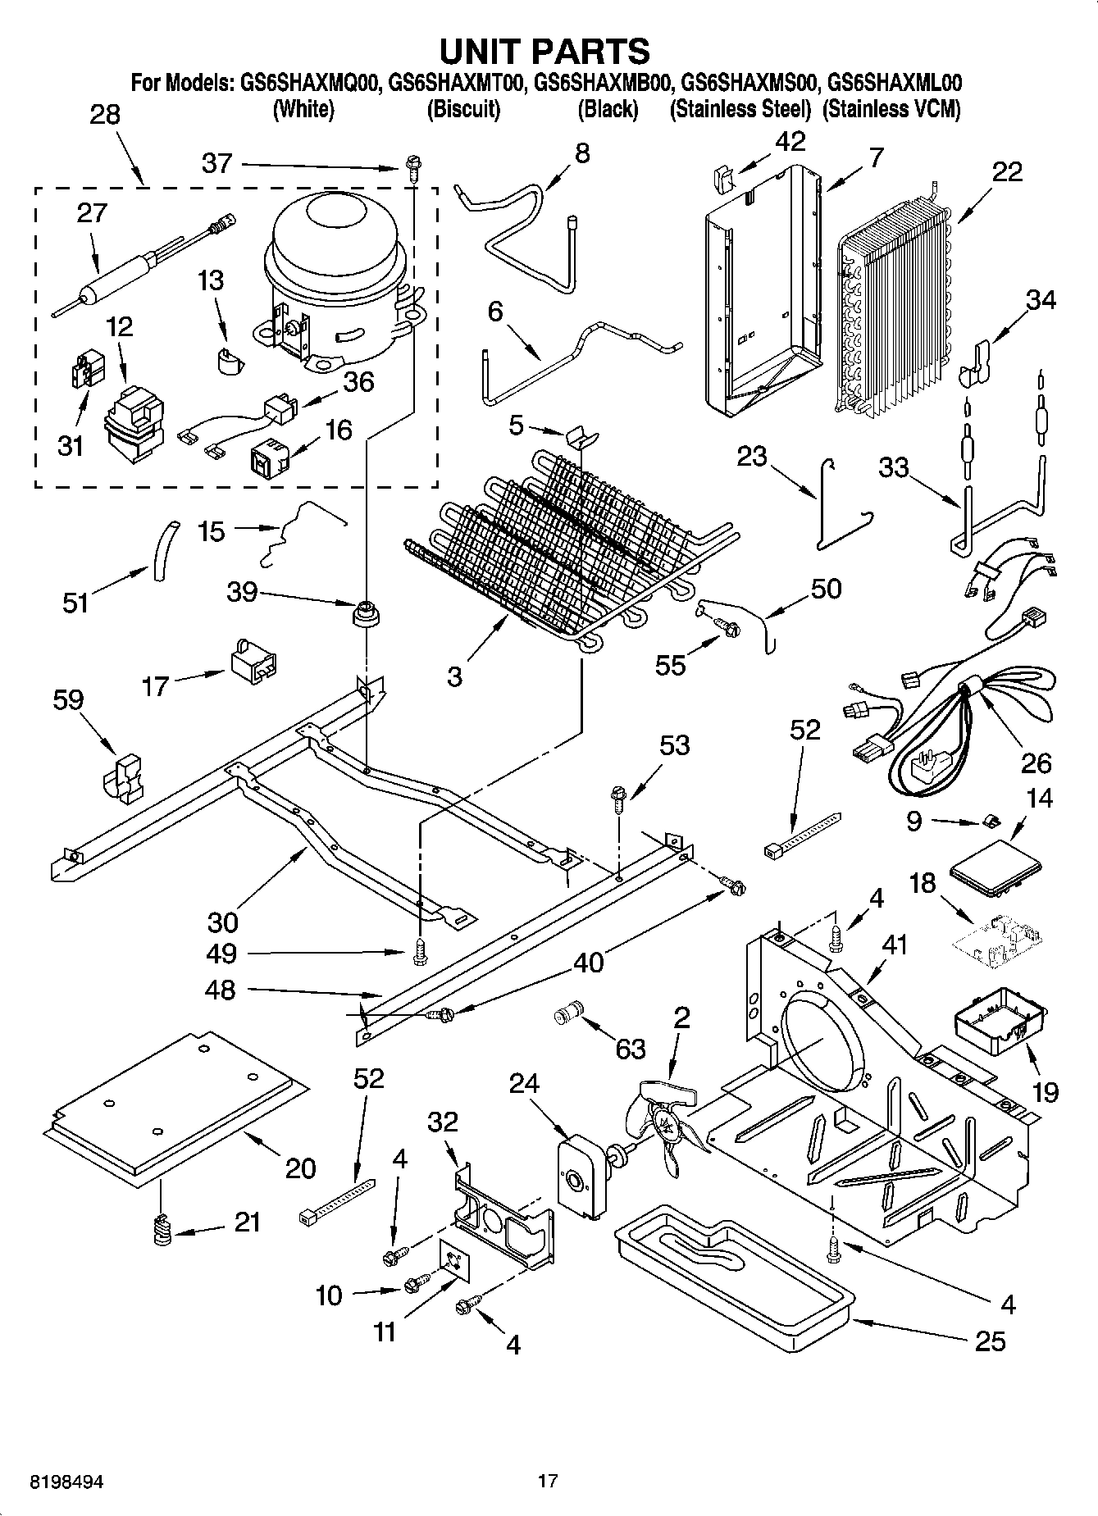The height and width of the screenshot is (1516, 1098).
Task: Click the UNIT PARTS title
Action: [545, 51]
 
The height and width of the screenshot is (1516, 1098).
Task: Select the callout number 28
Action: [105, 115]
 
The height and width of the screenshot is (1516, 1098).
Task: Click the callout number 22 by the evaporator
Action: [1007, 171]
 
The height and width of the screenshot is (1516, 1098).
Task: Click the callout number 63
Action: [630, 1049]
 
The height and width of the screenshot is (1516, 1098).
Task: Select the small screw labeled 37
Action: [409, 170]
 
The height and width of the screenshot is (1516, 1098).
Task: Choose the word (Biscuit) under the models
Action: [464, 109]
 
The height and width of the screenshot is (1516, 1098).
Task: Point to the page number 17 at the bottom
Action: [548, 1481]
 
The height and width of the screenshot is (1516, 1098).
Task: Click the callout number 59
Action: [68, 700]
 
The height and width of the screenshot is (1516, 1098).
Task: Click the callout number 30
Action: [223, 922]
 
